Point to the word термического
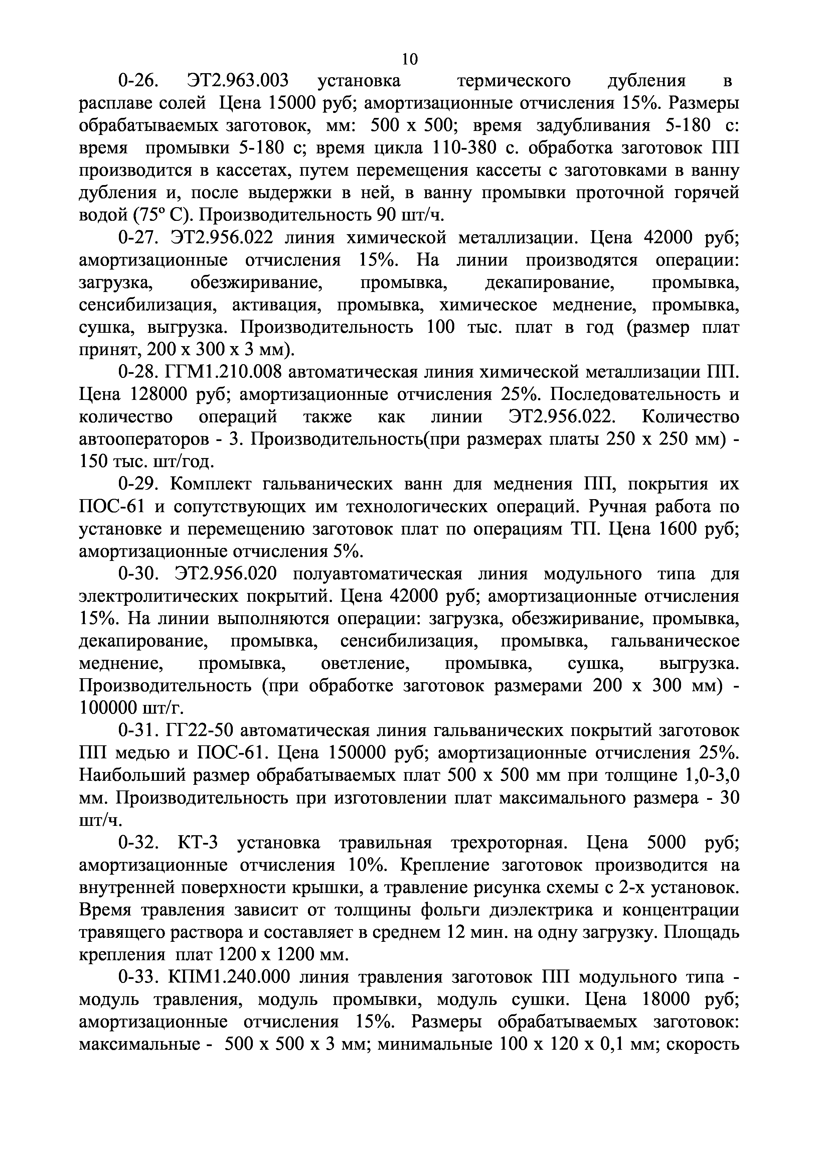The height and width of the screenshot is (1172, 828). click(513, 81)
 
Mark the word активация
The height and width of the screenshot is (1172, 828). click(276, 305)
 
